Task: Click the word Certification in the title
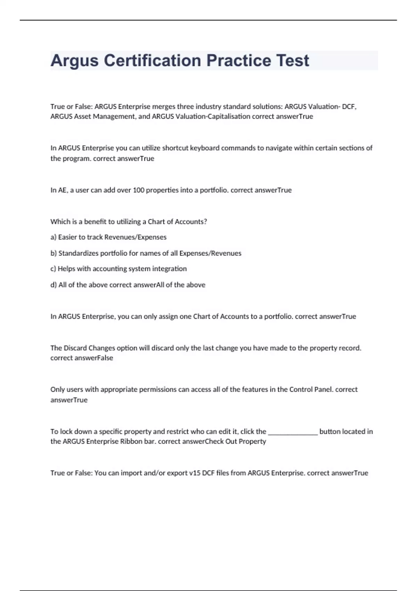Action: (152, 60)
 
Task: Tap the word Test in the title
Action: (293, 60)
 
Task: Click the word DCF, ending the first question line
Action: (349, 107)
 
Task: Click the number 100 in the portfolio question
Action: (139, 190)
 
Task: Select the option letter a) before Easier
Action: (54, 237)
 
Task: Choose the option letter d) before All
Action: (54, 285)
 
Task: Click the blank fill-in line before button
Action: (293, 432)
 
